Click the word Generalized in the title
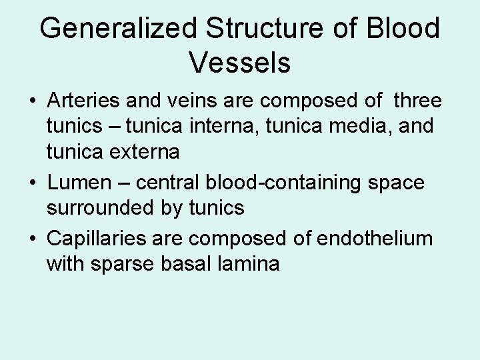click(x=119, y=30)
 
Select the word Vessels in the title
click(x=239, y=63)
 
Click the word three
click(x=417, y=101)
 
